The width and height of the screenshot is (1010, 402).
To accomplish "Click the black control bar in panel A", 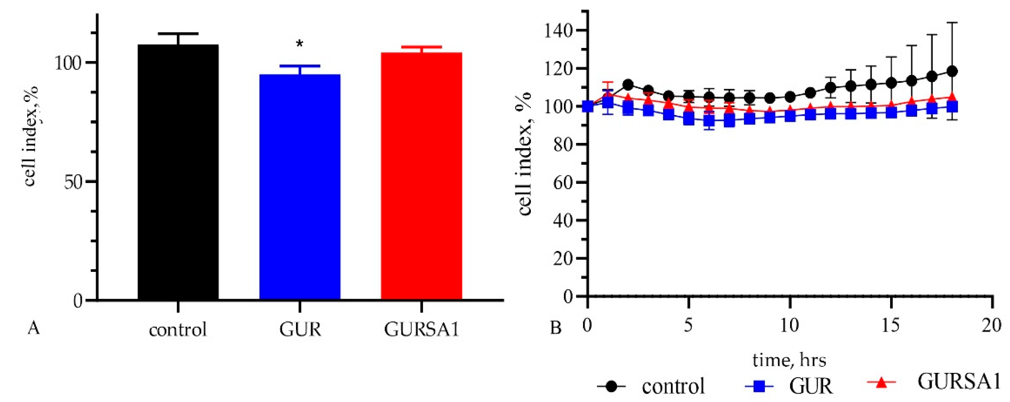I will coord(178,173).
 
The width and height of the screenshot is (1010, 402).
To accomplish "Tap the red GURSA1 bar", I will coord(422,177).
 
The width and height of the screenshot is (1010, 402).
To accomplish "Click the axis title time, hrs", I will coord(789,360).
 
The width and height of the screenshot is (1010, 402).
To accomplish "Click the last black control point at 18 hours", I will coord(952,71).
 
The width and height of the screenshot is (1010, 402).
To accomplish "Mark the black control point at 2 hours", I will coord(628,84).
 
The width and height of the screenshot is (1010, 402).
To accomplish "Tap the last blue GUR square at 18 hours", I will coord(952,107).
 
